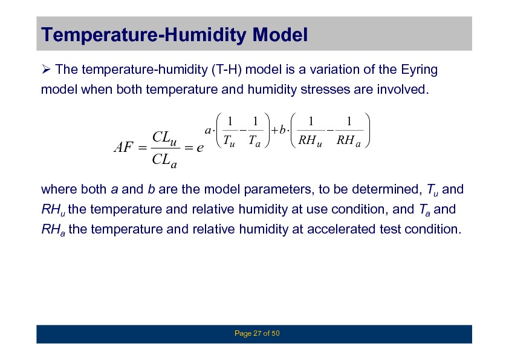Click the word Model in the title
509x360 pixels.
coord(280,34)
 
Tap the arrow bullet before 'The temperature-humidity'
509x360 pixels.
coord(46,69)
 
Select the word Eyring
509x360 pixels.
coord(419,70)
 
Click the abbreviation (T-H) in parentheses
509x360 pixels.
coord(226,70)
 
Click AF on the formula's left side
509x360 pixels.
coord(123,147)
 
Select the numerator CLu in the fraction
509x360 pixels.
coord(164,138)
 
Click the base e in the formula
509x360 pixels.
coord(200,148)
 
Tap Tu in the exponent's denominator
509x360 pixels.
coord(229,142)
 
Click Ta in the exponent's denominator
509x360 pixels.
coord(254,142)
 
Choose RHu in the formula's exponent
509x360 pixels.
coord(310,141)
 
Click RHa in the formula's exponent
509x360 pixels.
coord(349,141)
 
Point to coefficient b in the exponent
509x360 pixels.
coord(282,129)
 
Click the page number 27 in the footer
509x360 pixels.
coord(257,333)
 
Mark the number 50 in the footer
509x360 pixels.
coord(275,333)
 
